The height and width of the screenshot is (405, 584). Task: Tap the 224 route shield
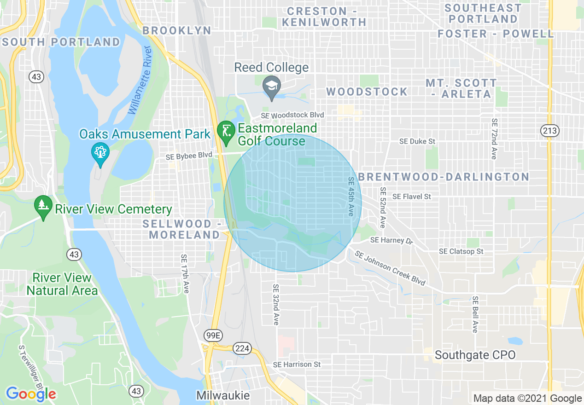[x=242, y=348]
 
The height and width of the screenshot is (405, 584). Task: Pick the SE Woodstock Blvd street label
[x=292, y=115]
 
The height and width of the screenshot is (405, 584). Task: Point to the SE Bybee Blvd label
[x=189, y=156]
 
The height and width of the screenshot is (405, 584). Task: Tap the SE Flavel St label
[x=411, y=197]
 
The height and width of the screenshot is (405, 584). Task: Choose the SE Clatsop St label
[x=461, y=251]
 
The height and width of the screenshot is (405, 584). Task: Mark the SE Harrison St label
[x=297, y=364]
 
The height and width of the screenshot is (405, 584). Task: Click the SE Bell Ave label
[x=475, y=314]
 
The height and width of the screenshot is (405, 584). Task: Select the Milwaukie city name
[x=223, y=395]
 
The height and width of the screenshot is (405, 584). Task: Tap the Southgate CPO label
[x=475, y=355]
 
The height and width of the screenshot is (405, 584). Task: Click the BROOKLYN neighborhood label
[x=177, y=30]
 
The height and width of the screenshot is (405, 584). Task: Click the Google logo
[x=31, y=394]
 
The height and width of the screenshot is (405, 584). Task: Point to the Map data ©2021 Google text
[x=527, y=399]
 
